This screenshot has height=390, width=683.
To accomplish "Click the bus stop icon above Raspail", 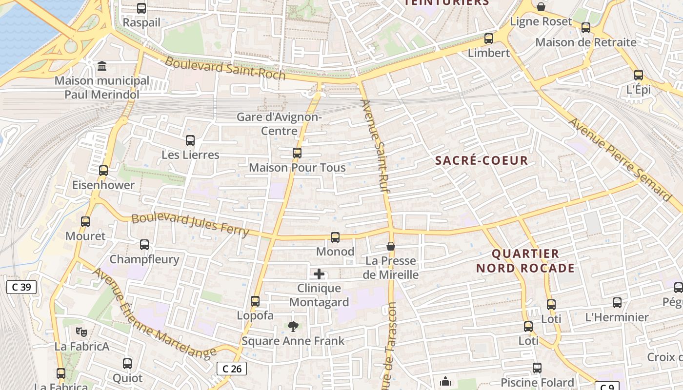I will [x=141, y=8].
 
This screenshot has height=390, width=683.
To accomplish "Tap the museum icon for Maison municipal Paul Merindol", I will [x=102, y=66].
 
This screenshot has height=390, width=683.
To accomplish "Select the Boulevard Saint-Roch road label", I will [x=225, y=68].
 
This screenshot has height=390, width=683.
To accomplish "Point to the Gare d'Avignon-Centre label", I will [x=279, y=124].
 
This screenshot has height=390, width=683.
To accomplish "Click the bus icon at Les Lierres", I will [x=190, y=140].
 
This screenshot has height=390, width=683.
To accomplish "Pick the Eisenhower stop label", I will [x=103, y=185].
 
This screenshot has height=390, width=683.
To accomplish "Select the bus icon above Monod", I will [x=335, y=237].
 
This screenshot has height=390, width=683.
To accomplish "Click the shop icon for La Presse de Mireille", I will [x=390, y=246].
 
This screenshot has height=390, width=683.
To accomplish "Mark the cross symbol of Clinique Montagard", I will [x=319, y=274].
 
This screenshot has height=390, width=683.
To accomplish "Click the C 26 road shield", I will [x=232, y=369].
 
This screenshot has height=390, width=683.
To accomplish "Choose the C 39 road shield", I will [x=21, y=287].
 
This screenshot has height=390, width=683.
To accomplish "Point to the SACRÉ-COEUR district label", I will [x=482, y=160].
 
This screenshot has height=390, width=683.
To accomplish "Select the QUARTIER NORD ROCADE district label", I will [x=525, y=261].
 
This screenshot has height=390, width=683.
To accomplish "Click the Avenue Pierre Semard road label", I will [x=620, y=159].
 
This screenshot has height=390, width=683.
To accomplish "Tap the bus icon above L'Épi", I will [x=639, y=75].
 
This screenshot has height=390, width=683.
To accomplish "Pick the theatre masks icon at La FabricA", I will [x=81, y=332].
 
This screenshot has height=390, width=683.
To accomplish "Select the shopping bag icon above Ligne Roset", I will [x=541, y=7].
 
